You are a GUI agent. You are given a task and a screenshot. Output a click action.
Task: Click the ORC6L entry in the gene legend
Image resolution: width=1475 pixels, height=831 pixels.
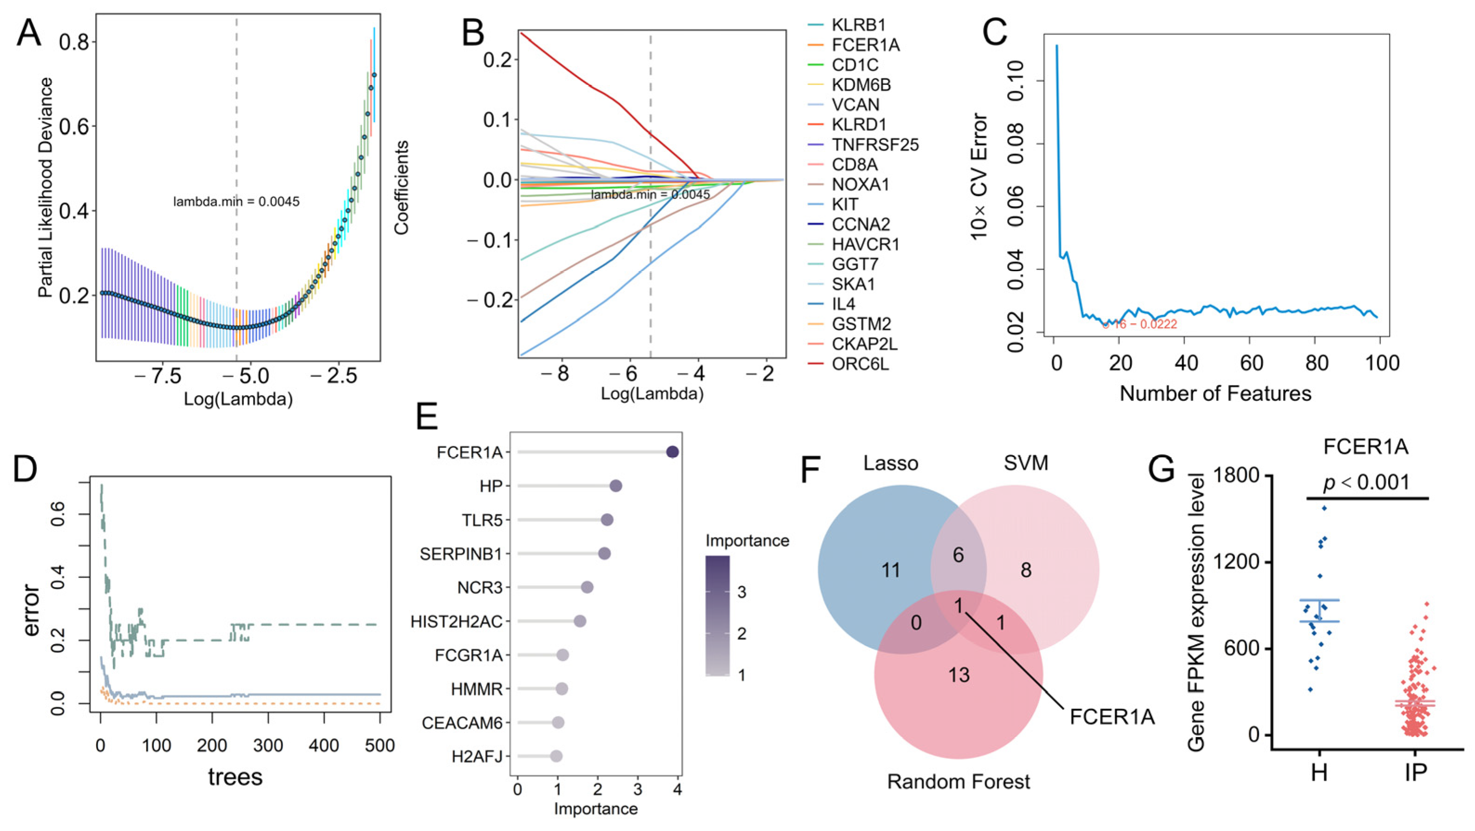[860, 364]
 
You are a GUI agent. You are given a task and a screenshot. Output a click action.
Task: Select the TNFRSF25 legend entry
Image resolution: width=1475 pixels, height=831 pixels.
[875, 145]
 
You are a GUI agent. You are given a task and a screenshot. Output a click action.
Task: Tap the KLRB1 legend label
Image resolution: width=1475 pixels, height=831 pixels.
[859, 25]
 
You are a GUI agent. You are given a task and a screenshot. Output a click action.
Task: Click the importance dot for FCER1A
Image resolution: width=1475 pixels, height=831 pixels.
[673, 452]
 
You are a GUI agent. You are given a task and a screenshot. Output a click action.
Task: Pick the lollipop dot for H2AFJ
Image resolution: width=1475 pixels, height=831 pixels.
[556, 756]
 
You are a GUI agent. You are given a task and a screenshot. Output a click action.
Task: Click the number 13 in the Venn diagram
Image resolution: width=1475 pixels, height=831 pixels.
[958, 675]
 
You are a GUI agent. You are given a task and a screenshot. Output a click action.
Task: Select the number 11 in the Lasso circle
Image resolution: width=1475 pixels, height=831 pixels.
[891, 570]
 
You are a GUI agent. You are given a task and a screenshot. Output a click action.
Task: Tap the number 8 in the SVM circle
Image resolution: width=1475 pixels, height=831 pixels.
[1026, 570]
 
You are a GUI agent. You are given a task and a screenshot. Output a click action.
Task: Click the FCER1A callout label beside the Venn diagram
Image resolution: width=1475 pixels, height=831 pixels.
[1112, 716]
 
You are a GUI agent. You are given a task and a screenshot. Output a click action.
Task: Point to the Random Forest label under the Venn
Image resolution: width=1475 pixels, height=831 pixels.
[958, 781]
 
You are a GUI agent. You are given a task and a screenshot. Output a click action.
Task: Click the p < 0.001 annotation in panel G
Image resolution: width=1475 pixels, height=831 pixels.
[1366, 482]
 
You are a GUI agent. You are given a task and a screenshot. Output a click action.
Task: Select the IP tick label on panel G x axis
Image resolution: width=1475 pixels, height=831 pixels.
[1416, 772]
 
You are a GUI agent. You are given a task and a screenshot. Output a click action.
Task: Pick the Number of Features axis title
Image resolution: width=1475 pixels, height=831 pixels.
[1215, 393]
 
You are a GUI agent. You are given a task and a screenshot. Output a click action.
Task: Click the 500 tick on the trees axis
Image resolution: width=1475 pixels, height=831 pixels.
[380, 745]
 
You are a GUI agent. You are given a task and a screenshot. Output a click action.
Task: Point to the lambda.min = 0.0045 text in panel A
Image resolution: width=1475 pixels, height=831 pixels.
[236, 202]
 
